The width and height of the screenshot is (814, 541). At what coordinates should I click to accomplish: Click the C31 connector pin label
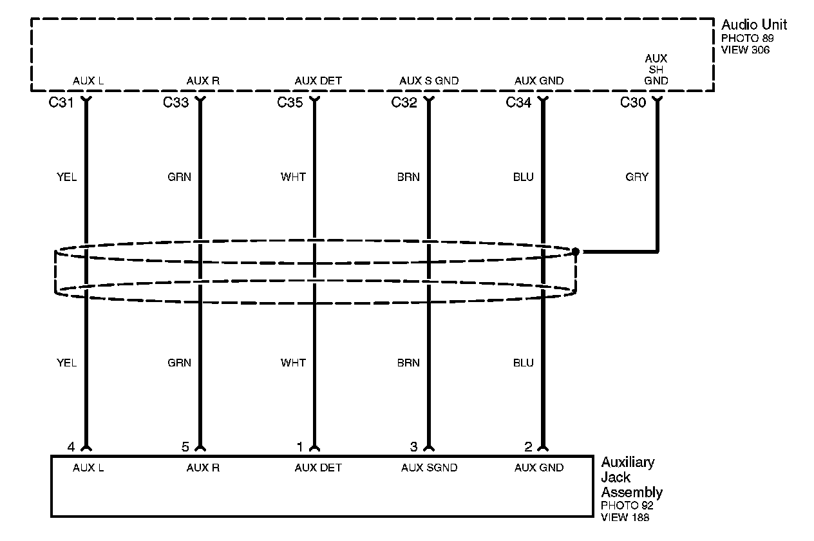pos(61,102)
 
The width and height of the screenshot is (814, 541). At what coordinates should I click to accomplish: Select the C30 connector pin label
pos(633,102)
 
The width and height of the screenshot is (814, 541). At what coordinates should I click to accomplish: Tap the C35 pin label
pos(290,102)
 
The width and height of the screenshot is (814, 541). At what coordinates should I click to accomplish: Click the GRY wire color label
pos(637,177)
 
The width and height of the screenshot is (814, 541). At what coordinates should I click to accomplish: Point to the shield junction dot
pos(576,251)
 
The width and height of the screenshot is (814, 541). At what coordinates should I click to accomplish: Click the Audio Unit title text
pos(753,25)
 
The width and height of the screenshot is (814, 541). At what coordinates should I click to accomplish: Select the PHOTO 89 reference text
pos(747,39)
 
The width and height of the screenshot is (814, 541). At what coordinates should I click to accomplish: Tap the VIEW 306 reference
pos(745,50)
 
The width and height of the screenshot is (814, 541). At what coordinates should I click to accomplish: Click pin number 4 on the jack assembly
pos(71,446)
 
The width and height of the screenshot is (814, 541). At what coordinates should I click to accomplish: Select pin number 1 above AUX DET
pos(299,446)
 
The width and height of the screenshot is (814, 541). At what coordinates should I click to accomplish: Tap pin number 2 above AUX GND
pos(528,446)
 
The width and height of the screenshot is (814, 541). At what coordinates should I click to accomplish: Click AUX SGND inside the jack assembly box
pos(429,468)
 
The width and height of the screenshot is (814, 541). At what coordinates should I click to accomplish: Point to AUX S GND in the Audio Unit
pos(429,81)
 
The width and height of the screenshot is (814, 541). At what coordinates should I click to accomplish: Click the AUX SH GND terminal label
pos(656,70)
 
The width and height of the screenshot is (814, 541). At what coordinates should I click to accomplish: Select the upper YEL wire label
pos(66,177)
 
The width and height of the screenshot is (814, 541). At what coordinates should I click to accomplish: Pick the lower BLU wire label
pos(524,363)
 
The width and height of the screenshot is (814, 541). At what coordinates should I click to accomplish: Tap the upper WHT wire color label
pos(293,177)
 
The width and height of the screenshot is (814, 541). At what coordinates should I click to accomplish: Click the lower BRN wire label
pos(408,363)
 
